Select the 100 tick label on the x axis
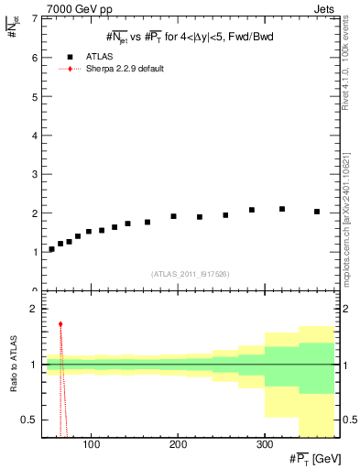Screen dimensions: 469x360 point(91,446)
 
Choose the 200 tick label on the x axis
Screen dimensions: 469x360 point(178,446)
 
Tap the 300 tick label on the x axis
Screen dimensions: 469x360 point(265,446)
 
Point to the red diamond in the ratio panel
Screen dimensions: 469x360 point(60,324)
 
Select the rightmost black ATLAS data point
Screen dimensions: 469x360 point(317,212)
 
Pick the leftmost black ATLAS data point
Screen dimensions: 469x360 point(51,249)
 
